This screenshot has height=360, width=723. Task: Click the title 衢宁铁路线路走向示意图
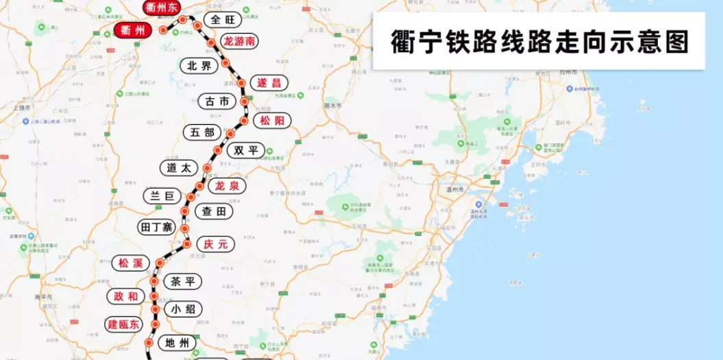click(x=539, y=41)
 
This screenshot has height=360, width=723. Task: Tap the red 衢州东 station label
click(x=162, y=8)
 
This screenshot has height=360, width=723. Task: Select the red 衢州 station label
click(x=132, y=30)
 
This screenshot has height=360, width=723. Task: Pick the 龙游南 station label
click(x=240, y=41)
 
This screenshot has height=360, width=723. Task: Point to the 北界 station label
click(x=199, y=66)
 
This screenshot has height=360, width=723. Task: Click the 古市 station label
click(x=217, y=101)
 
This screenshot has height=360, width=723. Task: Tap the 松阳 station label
click(x=271, y=121)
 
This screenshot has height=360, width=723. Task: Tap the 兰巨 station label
click(x=162, y=195)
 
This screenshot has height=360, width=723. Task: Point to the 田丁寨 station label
click(x=157, y=226)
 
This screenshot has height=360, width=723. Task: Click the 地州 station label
click(x=177, y=342)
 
